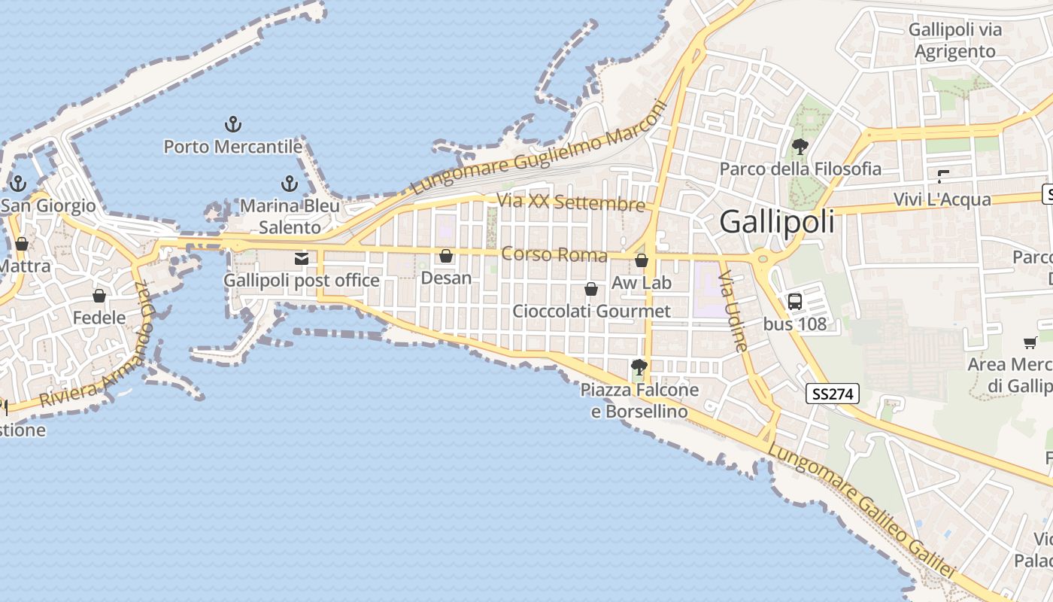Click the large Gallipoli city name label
click(777, 221)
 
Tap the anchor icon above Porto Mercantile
click(233, 124)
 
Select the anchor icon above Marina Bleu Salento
click(290, 184)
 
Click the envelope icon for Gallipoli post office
click(302, 259)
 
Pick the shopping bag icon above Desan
click(446, 257)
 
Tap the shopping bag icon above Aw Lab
click(642, 261)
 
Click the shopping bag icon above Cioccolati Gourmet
click(591, 289)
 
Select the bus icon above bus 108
click(794, 302)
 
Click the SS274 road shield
click(833, 394)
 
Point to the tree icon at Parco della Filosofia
click(800, 146)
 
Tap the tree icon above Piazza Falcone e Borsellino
click(639, 367)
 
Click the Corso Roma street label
click(554, 254)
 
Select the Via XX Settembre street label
click(571, 202)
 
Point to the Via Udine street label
click(733, 312)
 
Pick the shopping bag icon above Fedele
click(99, 296)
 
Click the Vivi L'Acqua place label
click(942, 200)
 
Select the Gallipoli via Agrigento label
click(955, 41)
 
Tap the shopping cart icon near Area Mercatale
click(1030, 343)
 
